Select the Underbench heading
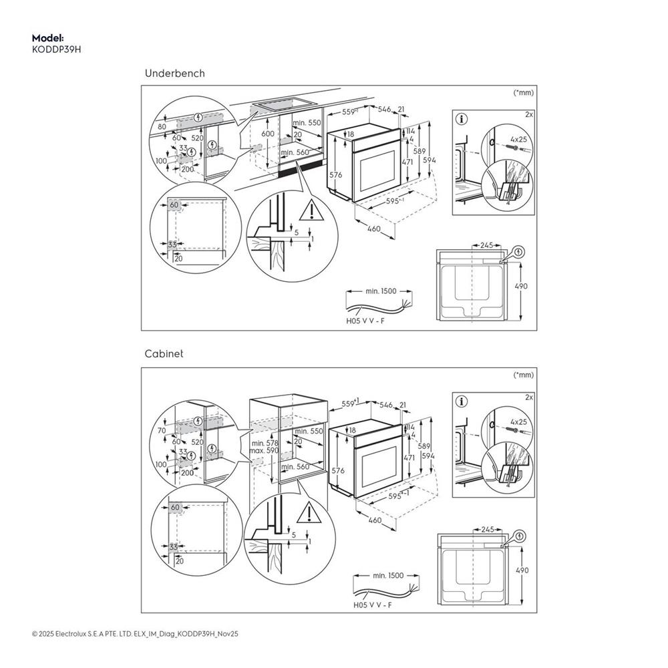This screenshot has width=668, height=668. [x=174, y=73]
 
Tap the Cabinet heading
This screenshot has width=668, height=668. [x=164, y=354]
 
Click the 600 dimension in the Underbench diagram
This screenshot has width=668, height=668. [x=268, y=134]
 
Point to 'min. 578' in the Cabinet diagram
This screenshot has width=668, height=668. [x=264, y=444]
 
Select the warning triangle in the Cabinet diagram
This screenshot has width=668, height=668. [x=308, y=514]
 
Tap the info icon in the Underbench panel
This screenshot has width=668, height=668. [x=462, y=120]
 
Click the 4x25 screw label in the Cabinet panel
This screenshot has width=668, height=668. [x=518, y=422]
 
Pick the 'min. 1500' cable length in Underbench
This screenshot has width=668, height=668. [x=381, y=291]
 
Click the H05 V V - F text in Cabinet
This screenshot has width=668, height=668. [x=371, y=605]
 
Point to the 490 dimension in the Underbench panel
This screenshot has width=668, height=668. [x=521, y=286]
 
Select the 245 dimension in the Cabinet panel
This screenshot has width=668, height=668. [x=486, y=529]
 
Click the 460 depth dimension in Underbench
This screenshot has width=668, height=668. [x=374, y=229]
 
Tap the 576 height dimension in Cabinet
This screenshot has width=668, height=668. [x=337, y=470]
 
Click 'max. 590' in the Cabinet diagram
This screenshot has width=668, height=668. [x=265, y=452]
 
